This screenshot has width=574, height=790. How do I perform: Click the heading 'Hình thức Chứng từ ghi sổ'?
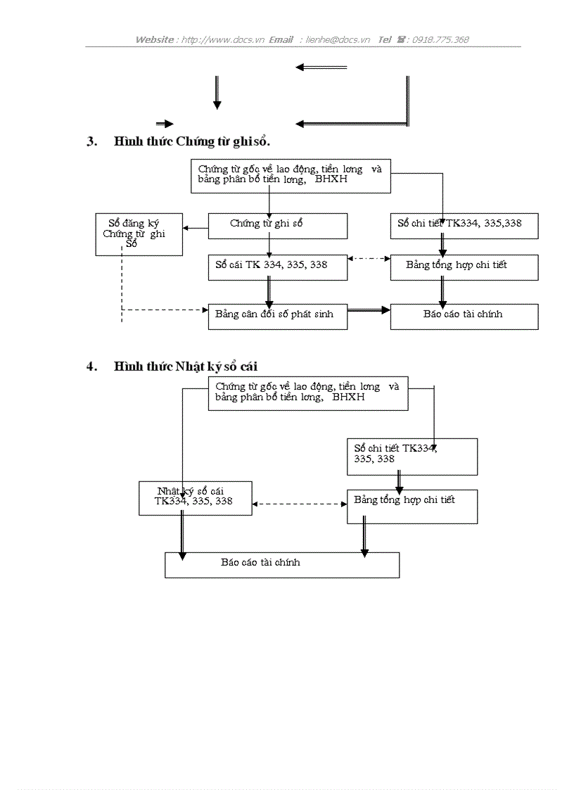pos(191,141)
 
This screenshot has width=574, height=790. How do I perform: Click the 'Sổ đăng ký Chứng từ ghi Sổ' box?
pos(139,234)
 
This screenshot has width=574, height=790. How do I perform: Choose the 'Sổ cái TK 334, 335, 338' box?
pos(277,267)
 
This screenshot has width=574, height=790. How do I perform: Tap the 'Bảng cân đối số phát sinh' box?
pos(277,316)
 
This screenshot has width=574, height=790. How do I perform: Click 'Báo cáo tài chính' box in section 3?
pos(464,316)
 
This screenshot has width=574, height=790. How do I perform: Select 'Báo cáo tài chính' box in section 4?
pos(281,564)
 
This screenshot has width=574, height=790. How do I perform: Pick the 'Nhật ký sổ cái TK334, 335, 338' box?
pos(195,498)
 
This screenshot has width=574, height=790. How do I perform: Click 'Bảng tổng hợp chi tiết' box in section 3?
pos(464,267)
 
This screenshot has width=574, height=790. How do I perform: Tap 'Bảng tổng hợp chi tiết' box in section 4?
pos(412,506)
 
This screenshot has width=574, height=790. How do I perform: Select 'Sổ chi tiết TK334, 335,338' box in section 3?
pos(464,225)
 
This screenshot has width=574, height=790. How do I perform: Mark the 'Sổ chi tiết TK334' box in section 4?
pos(412,456)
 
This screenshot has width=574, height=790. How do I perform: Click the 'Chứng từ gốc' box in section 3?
pos(291,176)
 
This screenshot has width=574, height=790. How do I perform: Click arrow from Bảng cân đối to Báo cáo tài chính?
pos(369,310)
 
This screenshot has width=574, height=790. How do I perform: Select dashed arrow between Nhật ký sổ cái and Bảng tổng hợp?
pos(299,504)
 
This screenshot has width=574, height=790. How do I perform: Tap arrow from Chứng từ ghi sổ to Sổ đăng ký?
pos(196,227)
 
